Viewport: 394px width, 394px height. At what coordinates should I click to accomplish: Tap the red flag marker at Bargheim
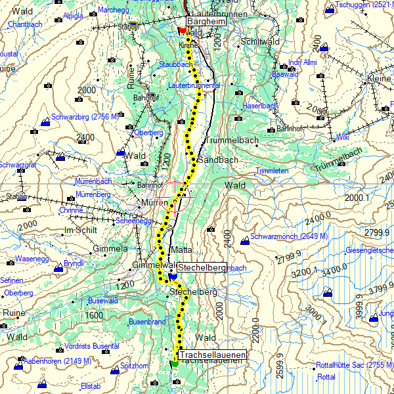(182, 30)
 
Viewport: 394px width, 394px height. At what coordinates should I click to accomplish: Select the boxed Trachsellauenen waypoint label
(212, 355)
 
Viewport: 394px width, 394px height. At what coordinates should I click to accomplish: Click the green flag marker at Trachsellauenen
(173, 363)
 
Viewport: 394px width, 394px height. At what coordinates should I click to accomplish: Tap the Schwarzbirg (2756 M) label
(84, 116)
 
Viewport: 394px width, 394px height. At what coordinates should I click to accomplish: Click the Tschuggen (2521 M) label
(364, 5)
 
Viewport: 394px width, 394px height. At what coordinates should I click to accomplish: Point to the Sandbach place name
(213, 160)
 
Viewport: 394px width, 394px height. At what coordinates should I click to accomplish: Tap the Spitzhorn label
(135, 366)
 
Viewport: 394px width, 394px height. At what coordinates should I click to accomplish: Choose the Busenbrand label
(147, 322)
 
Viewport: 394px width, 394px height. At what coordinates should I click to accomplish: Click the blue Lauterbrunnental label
(194, 86)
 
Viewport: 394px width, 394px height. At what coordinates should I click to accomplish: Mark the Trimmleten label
(272, 171)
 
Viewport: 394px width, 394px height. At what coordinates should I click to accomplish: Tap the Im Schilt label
(80, 230)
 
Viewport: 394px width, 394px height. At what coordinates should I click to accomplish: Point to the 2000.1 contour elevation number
(358, 197)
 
